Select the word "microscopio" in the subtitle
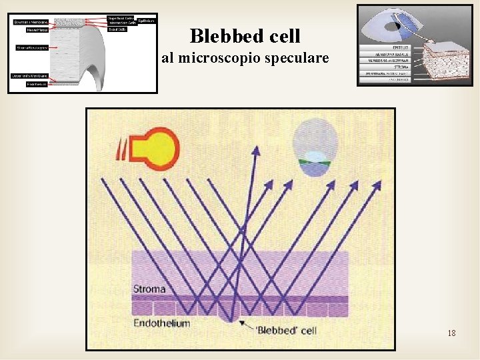(x=216, y=59)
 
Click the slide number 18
(x=452, y=333)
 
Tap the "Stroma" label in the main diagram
(x=149, y=289)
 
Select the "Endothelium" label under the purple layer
(x=161, y=323)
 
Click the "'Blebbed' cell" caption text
(x=287, y=330)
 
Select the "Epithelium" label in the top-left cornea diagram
(x=147, y=21)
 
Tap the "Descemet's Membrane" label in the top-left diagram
(x=28, y=75)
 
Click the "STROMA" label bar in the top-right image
(x=385, y=67)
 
